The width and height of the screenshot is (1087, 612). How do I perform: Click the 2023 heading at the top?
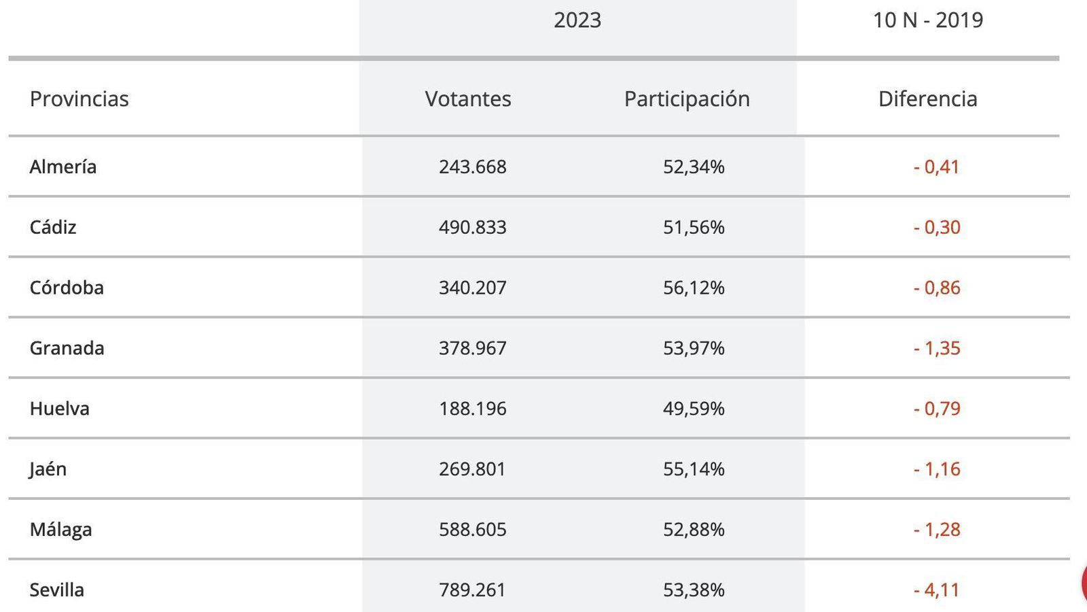(x=577, y=20)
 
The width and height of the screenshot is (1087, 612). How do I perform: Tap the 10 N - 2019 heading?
(x=927, y=20)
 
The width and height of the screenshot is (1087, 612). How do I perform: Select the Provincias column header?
(x=79, y=99)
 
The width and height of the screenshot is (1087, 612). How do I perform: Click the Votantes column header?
(x=468, y=99)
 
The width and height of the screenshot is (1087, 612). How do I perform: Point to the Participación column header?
(x=687, y=99)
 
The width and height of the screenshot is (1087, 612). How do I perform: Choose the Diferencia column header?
(x=927, y=99)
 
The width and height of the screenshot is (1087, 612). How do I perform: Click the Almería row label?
(x=63, y=167)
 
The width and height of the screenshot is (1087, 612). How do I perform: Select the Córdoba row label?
(x=67, y=288)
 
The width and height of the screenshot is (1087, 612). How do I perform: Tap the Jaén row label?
(x=48, y=469)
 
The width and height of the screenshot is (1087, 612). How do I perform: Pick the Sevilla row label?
(x=57, y=590)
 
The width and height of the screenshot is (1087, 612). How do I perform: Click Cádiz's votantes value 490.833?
(x=473, y=227)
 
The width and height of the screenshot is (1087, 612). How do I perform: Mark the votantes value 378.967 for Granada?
(x=473, y=348)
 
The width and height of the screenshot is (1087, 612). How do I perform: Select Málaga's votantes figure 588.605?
(x=473, y=530)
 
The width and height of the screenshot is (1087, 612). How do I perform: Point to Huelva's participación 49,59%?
(x=694, y=409)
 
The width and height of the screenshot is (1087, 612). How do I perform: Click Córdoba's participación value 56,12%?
(x=694, y=288)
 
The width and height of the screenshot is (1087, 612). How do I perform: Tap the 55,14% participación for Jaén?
(x=694, y=469)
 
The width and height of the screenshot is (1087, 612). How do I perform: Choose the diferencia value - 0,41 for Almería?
(x=937, y=167)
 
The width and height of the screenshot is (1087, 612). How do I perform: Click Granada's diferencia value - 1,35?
(x=937, y=348)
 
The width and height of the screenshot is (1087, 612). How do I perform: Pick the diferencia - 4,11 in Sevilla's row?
(x=937, y=590)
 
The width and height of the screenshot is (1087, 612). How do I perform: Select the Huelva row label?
(x=60, y=409)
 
